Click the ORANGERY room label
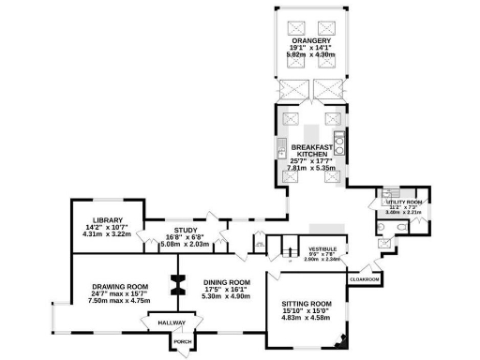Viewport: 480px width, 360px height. (x=311, y=39)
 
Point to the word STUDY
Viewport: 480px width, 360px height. (x=185, y=230)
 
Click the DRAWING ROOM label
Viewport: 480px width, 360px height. (x=120, y=287)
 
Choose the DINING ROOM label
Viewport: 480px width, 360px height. (x=228, y=282)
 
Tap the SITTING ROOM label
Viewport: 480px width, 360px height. (x=307, y=305)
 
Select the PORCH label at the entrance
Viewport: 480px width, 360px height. (x=183, y=341)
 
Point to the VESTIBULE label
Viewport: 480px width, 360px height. (x=323, y=249)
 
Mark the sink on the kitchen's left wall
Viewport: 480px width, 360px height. (x=280, y=148)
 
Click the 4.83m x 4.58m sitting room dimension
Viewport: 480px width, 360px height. (x=307, y=320)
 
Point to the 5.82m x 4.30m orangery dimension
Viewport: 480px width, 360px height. (x=310, y=55)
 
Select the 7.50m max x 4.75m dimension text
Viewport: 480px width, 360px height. (x=120, y=302)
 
